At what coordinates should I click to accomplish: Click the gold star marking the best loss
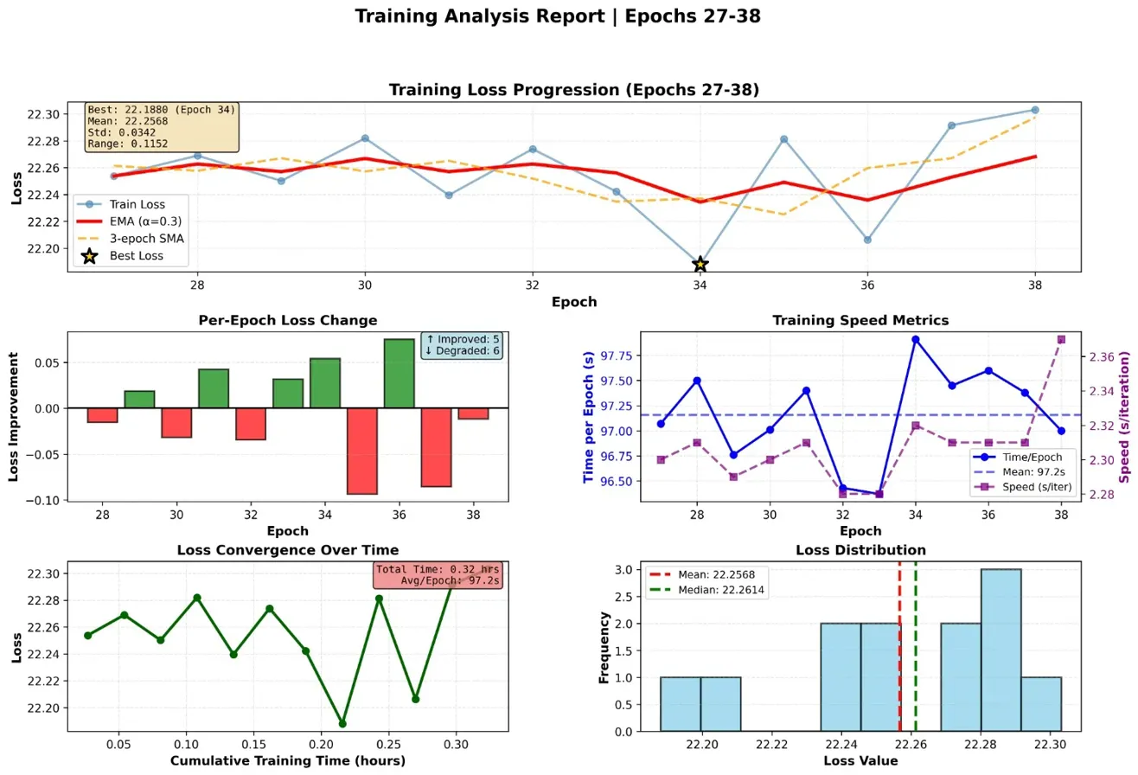[700, 264]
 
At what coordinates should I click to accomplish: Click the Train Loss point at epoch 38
[1035, 110]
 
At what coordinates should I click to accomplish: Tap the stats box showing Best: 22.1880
[162, 128]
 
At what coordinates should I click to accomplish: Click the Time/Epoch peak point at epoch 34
[915, 339]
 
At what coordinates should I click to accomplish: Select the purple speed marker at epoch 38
[1061, 339]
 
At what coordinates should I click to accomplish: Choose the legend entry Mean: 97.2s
[1031, 471]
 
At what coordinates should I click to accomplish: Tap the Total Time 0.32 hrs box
[438, 575]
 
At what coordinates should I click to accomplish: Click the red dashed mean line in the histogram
[899, 657]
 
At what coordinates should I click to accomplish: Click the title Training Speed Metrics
[861, 321]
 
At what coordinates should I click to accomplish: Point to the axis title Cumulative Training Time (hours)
[287, 761]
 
